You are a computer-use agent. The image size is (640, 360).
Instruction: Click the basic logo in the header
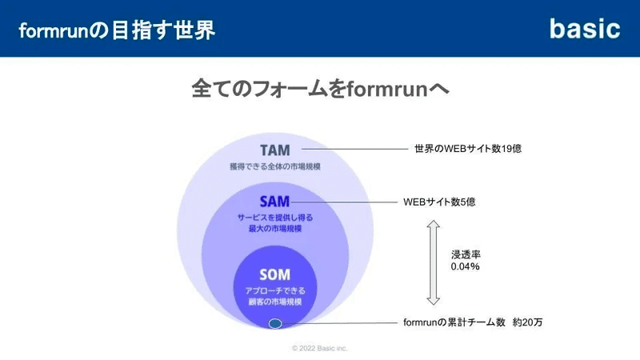click(x=585, y=29)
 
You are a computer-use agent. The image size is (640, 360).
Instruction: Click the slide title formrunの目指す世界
click(x=117, y=30)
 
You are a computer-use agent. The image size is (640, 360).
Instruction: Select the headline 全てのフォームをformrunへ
click(x=320, y=88)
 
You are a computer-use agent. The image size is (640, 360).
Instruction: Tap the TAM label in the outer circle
click(x=275, y=150)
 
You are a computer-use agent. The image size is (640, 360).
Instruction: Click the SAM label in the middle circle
click(x=274, y=202)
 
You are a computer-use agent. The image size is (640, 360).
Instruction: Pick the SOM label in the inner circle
click(x=274, y=274)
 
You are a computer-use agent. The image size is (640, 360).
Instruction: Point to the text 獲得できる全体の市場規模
click(x=275, y=166)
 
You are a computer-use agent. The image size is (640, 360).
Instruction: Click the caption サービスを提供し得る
click(x=275, y=218)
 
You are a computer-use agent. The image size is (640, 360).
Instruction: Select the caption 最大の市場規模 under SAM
click(x=275, y=229)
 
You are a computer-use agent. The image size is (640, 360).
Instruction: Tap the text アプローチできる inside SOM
click(x=275, y=290)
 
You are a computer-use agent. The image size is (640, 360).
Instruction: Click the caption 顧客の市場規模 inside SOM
click(x=275, y=302)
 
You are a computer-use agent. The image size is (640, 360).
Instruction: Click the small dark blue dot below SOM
click(x=275, y=324)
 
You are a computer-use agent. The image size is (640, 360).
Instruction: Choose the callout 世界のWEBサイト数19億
click(x=468, y=149)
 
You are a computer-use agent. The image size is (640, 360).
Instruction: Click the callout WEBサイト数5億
click(x=439, y=202)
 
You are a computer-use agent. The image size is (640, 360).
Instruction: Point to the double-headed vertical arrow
click(x=433, y=262)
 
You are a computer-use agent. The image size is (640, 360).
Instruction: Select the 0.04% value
click(x=466, y=266)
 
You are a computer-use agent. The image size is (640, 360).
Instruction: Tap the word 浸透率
click(x=466, y=254)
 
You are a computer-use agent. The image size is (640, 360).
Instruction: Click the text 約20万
click(x=528, y=322)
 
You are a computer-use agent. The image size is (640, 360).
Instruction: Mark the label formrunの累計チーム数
click(x=454, y=322)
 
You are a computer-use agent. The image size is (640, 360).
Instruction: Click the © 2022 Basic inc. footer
click(x=319, y=348)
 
